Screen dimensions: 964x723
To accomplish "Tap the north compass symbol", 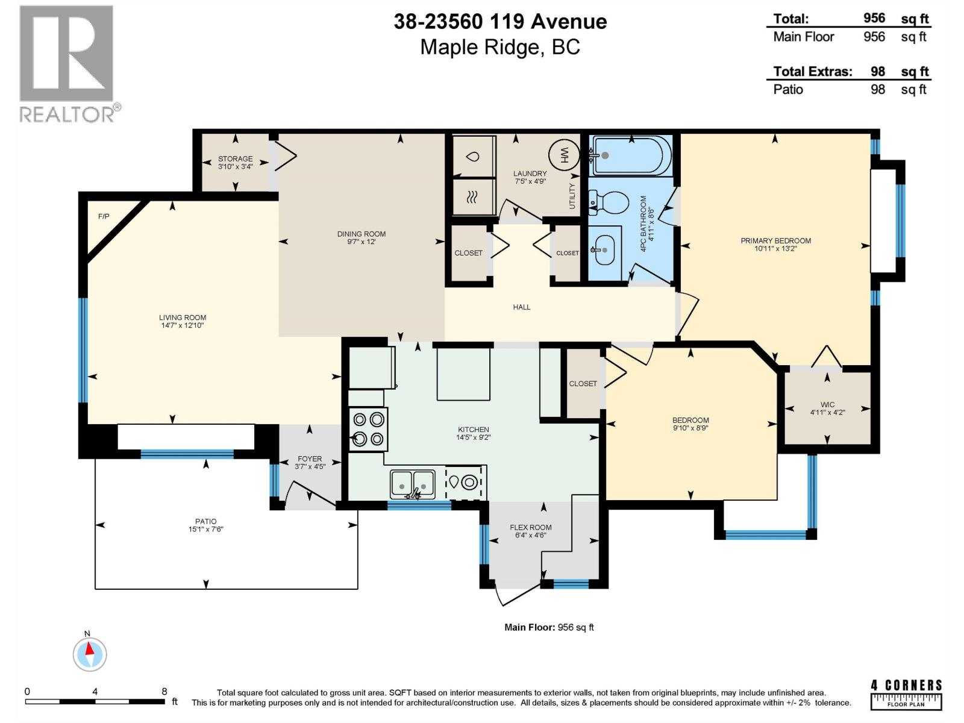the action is (90, 653).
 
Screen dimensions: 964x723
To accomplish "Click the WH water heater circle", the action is (565, 155).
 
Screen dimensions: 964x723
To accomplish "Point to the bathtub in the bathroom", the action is (631, 155).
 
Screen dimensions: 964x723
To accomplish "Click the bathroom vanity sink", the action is (605, 250).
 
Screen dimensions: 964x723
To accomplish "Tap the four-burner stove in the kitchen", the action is (368, 429).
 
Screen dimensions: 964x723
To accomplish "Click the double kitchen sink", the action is (412, 484).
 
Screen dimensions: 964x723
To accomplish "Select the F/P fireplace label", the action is (104, 216).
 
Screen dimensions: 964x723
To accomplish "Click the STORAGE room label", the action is (236, 158).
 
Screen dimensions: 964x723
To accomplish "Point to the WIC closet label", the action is (827, 404).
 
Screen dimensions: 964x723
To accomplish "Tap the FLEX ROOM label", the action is (531, 527).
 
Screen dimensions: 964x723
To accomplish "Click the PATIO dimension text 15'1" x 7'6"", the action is (206, 529).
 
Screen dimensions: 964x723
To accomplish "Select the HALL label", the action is (522, 307).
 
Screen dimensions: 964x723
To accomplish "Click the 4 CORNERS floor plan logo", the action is (906, 693).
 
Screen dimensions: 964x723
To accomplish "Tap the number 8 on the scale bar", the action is (164, 692).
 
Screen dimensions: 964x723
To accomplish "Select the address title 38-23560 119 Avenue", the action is (500, 22).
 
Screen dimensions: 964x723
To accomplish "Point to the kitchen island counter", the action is (463, 374).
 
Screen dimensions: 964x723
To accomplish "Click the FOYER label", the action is (310, 459).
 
